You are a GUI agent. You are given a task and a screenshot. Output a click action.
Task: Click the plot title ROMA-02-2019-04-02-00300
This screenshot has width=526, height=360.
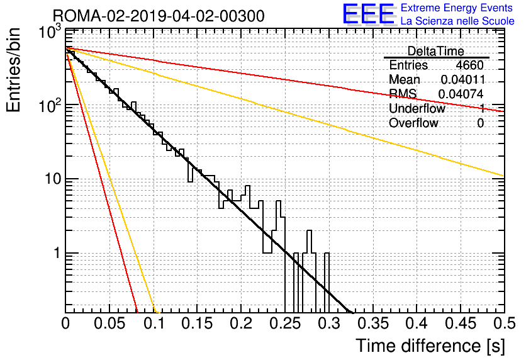point(159,16)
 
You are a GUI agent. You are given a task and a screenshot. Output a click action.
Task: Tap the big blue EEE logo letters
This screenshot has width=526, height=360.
point(369,14)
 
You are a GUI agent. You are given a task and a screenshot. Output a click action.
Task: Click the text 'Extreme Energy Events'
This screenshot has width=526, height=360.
point(457,8)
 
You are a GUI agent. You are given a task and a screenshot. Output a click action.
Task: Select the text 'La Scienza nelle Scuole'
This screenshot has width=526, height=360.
point(457,21)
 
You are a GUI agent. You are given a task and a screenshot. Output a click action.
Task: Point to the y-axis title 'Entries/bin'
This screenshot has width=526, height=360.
point(14,70)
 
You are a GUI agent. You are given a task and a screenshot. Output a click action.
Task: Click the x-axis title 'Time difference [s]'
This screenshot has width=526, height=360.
point(430,346)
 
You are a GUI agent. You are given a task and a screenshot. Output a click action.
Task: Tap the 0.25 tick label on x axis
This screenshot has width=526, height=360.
point(285,323)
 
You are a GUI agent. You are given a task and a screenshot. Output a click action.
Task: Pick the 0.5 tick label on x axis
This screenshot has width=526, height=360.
point(505,323)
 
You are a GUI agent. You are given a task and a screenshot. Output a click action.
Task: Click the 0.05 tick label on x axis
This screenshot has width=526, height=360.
point(109,323)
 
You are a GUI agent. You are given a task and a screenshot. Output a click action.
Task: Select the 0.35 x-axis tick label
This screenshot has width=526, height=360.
point(373,323)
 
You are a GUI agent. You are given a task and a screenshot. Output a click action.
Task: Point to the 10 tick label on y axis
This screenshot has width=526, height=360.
point(53,179)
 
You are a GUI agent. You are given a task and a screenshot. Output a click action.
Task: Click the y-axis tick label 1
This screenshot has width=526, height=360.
point(57,253)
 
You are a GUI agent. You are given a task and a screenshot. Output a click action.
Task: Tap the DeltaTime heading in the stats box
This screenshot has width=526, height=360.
point(436,51)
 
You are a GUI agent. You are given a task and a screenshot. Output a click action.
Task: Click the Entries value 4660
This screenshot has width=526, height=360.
point(469,65)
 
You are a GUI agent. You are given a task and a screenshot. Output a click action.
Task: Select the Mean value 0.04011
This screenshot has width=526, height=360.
point(463,79)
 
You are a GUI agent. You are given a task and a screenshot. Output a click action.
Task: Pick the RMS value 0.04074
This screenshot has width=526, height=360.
point(461,94)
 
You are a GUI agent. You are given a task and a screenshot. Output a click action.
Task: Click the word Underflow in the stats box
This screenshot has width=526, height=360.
point(417,108)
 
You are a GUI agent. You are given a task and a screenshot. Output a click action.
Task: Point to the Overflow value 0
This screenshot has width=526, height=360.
point(480,123)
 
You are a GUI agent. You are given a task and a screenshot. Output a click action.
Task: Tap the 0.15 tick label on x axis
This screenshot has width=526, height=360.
point(198,323)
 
